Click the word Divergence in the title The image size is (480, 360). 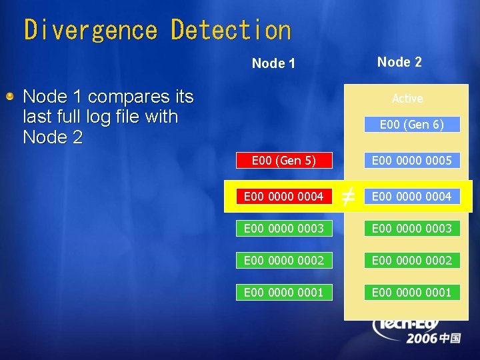90,31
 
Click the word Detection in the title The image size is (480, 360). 231,31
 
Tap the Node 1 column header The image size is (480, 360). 273,63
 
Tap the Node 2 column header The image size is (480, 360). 399,62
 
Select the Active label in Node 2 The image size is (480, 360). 407,99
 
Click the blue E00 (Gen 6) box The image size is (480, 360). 411,125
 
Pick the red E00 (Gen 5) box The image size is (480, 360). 284,161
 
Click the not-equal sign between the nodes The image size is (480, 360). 347,196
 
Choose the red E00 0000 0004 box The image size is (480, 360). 284,196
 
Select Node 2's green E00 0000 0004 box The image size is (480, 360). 411,196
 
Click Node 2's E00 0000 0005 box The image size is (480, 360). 411,161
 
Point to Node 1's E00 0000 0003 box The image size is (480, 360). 284,228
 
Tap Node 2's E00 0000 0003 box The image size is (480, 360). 411,228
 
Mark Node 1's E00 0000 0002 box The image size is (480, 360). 284,260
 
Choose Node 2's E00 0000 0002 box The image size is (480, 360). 411,260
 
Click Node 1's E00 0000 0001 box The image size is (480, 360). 284,292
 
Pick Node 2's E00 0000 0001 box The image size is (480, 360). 411,292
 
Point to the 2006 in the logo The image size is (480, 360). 423,339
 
